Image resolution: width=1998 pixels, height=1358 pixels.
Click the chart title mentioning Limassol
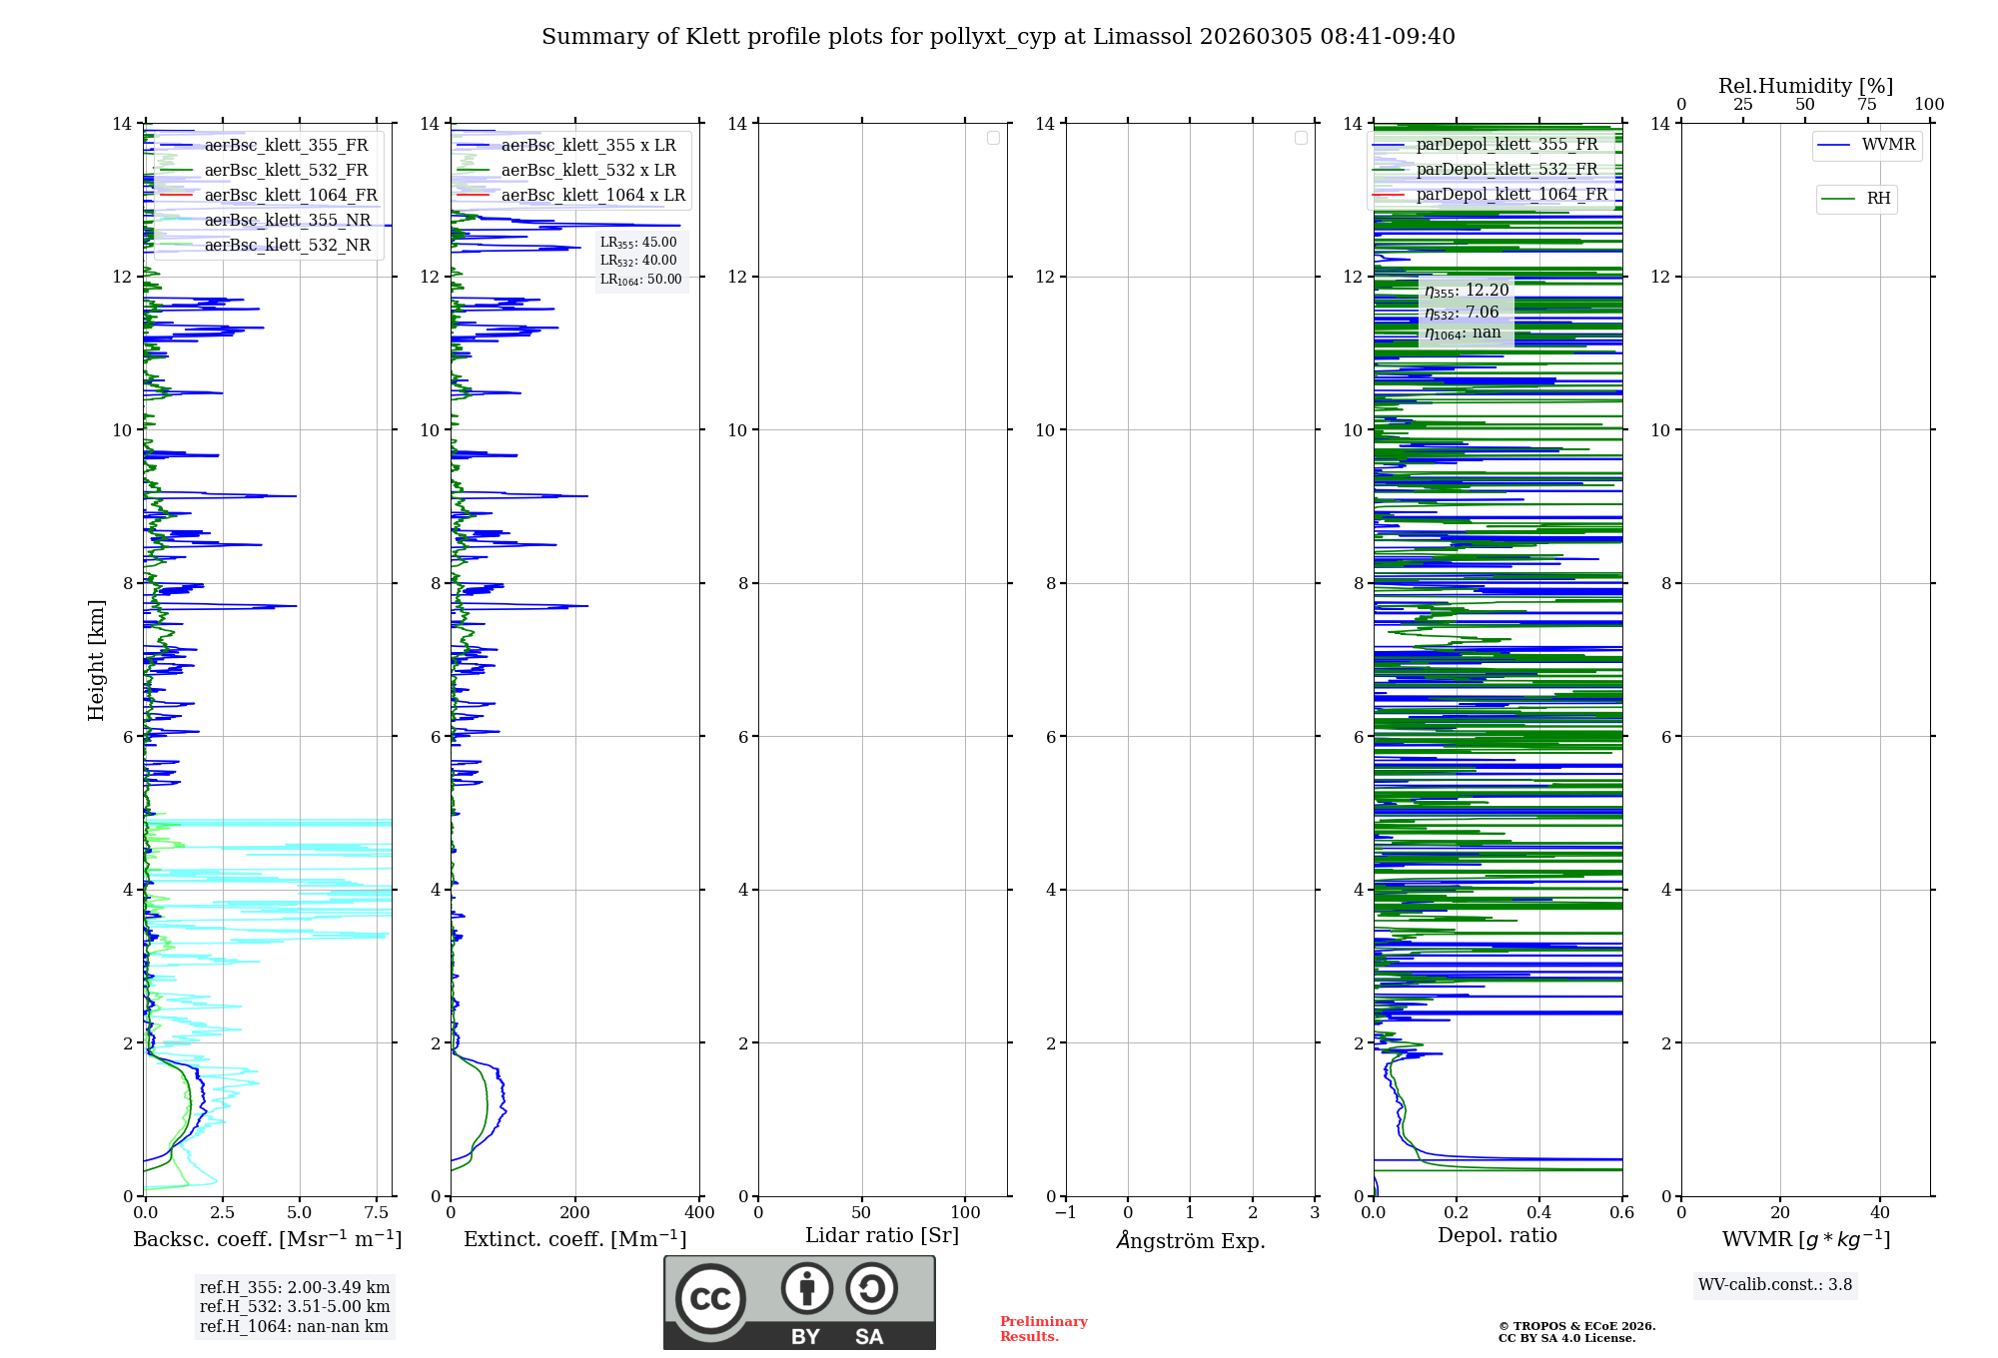point(998,37)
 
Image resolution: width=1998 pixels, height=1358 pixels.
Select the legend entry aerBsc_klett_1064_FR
point(290,195)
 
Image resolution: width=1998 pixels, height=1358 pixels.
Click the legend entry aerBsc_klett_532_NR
point(287,245)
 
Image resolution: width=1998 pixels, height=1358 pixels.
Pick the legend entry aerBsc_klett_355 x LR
point(587,145)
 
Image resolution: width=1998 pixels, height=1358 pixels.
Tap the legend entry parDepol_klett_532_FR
point(1506,169)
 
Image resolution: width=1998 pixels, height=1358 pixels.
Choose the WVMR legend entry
point(1887,145)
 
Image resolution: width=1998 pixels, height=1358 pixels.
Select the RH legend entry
point(1877,199)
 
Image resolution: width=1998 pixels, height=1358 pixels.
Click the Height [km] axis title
point(96,659)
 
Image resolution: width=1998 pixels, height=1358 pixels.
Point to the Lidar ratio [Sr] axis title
point(881,1235)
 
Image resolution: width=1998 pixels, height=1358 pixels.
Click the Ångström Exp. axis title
point(1190,1240)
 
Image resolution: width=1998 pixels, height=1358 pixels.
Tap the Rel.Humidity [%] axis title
point(1805,86)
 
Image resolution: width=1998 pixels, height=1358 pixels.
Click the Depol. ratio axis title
point(1497,1235)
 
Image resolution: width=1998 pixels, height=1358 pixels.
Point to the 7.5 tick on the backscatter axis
point(376,1212)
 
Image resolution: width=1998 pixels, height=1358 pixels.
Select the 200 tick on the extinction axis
point(574,1212)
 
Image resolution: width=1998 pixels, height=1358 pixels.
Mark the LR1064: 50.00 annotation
point(640,280)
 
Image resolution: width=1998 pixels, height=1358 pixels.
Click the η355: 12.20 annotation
point(1466,291)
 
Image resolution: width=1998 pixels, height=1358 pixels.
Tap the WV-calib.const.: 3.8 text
point(1774,1285)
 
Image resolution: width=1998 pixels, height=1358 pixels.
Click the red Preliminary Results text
point(1043,1329)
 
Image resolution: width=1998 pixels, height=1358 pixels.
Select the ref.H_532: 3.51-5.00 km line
point(294,1306)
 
